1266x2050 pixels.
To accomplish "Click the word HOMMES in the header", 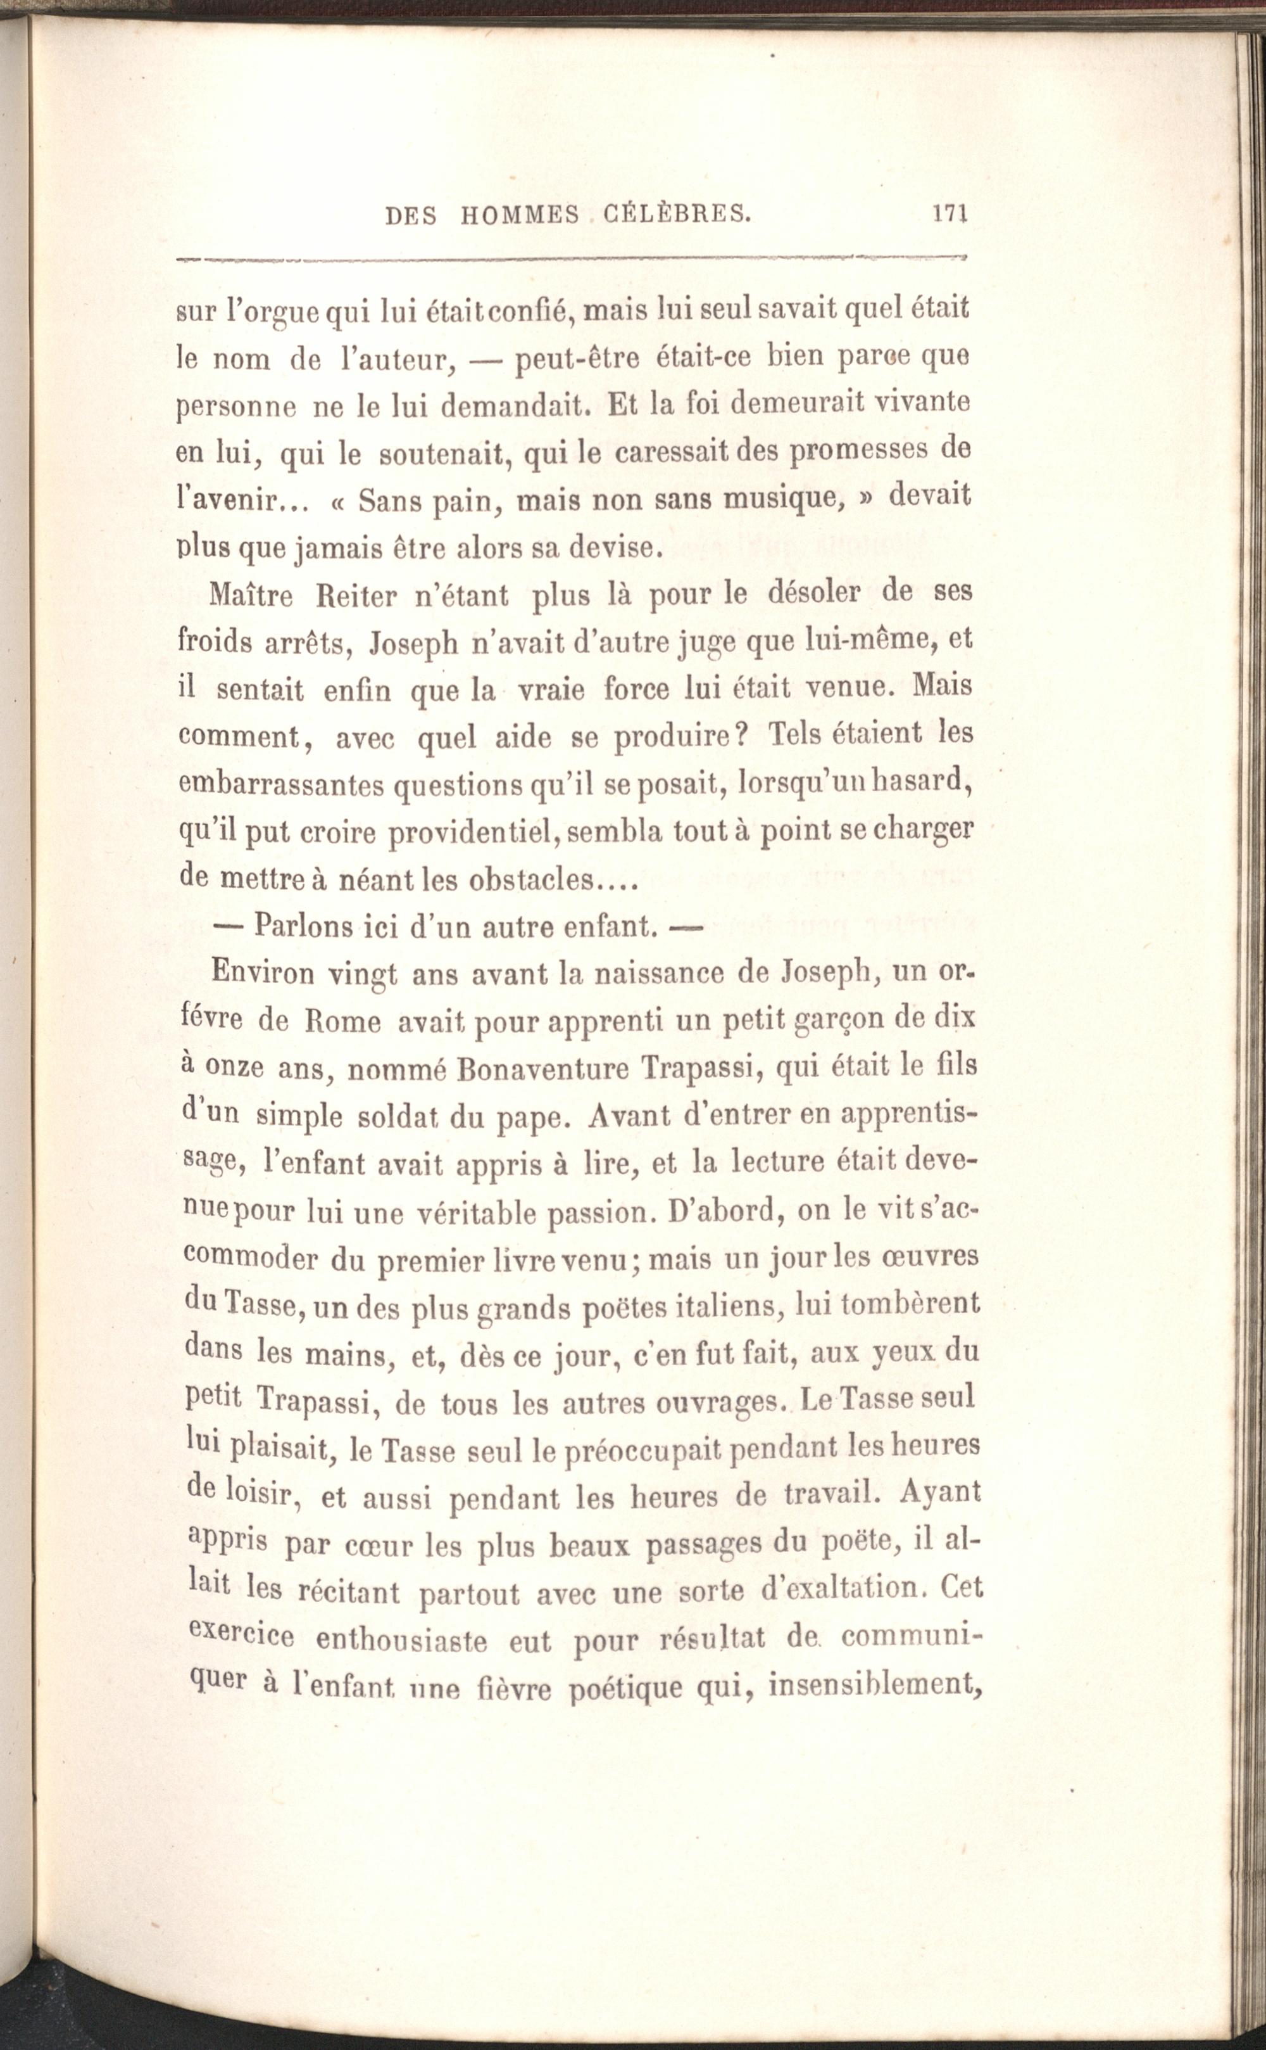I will click(x=519, y=216).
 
